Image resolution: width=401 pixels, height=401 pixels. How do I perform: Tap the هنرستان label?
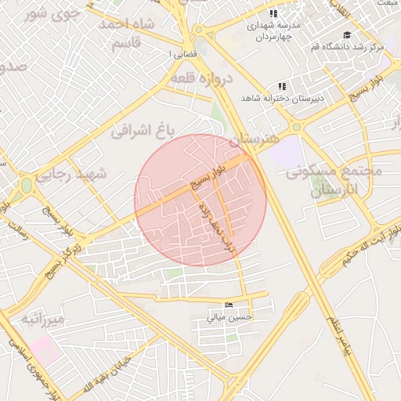(254, 139)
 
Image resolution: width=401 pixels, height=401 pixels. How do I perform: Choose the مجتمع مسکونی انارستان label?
(337, 180)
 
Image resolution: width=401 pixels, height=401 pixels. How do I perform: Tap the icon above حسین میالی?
(229, 305)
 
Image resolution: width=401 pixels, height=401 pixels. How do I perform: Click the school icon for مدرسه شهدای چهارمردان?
(273, 13)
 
